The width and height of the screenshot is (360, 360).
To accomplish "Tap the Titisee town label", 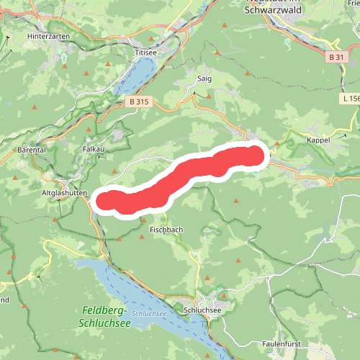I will click(x=145, y=52).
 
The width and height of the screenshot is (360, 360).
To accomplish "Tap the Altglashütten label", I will click(x=65, y=193).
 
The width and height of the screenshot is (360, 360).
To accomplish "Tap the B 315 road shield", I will click(x=140, y=102).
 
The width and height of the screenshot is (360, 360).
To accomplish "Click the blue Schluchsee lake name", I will click(x=150, y=315).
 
